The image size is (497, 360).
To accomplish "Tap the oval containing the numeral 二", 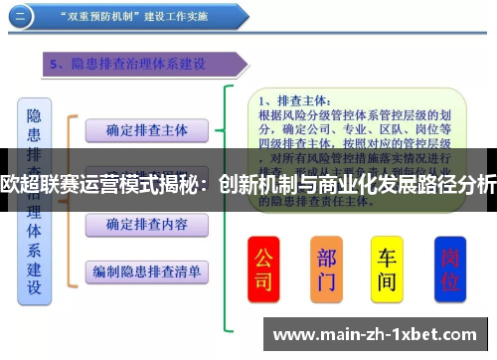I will pos(21,16).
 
